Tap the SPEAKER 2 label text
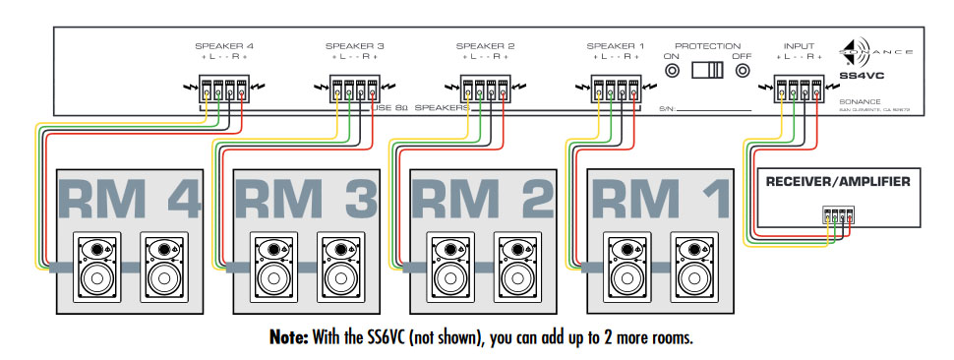[485, 46]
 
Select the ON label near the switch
[673, 57]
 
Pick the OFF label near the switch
[743, 57]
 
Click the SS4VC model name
[864, 75]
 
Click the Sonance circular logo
[852, 51]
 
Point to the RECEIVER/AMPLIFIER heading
[838, 181]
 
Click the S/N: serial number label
[668, 108]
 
